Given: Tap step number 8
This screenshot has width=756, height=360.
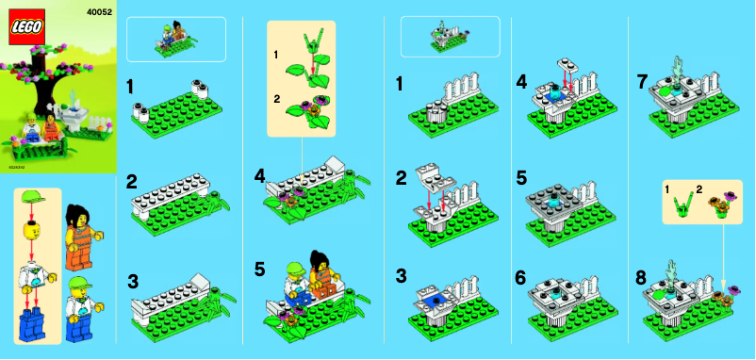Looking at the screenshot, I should click(x=641, y=278).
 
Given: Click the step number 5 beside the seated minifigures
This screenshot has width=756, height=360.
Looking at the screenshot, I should click(x=259, y=269).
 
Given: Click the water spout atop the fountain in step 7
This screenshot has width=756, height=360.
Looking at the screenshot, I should click(x=677, y=68).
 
